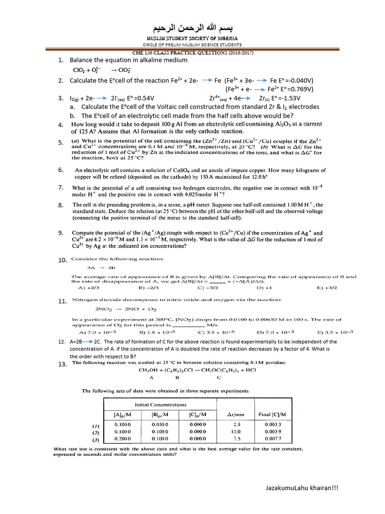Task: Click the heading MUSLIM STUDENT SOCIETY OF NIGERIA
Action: click(192, 38)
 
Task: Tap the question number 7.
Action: click(60, 187)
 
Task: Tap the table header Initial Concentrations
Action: click(160, 404)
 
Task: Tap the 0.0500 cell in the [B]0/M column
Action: click(160, 424)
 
